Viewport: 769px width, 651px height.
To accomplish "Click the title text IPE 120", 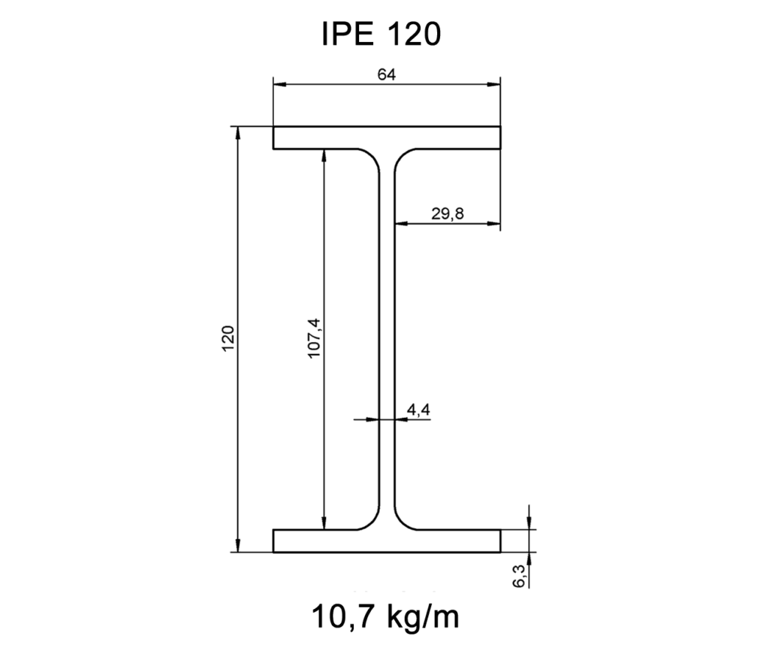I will [380, 34].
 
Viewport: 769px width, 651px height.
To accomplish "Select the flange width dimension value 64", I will [386, 74].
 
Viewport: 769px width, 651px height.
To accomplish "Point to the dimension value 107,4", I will [315, 338].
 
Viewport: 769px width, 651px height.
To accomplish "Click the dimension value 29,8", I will [448, 213].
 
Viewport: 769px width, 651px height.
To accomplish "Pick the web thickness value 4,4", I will [418, 410].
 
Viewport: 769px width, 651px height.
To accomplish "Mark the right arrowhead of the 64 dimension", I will [496, 84].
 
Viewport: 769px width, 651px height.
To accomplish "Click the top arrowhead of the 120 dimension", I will [238, 132].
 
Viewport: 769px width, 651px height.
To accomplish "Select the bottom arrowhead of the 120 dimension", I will [238, 547].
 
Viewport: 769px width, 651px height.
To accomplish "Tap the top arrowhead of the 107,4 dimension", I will [324, 155].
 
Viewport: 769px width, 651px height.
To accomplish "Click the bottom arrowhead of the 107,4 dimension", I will [324, 524].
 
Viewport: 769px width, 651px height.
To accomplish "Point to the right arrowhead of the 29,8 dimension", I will [496, 224].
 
